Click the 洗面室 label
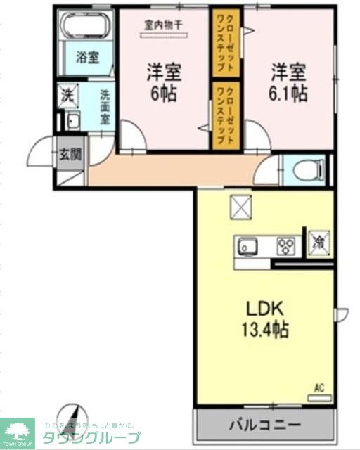tap(104, 105)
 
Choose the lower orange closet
tap(225, 115)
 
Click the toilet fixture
tap(310, 168)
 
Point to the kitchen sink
tap(248, 247)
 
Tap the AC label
tap(319, 386)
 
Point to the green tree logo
tap(20, 429)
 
